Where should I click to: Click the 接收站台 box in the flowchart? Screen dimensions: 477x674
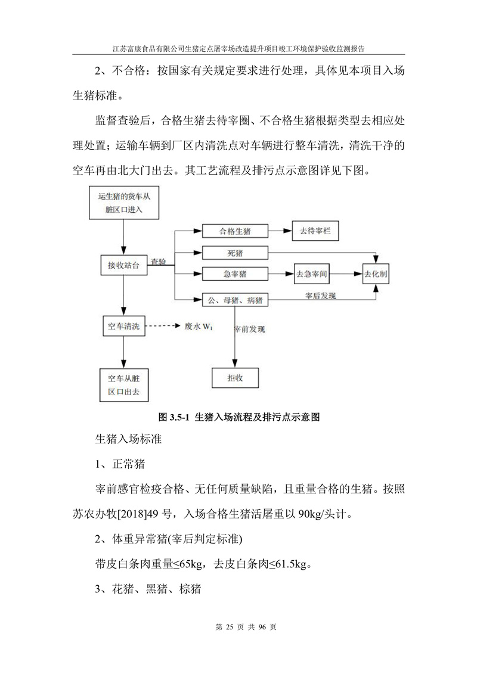click(123, 265)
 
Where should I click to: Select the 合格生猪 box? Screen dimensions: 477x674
click(235, 231)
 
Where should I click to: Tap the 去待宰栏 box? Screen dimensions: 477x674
click(315, 231)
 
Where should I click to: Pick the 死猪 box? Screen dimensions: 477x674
click(235, 253)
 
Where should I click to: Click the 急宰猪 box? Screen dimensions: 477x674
click(235, 274)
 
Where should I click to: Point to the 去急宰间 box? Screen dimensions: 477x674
click(311, 274)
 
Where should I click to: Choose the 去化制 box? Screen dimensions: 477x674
click(376, 274)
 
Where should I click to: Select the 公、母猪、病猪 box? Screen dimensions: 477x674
click(235, 300)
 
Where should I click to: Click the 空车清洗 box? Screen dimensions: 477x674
click(123, 326)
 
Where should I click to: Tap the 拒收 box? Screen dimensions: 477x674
click(236, 378)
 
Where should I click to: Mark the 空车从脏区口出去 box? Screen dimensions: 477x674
click(124, 385)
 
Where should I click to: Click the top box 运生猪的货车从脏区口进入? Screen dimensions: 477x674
click(124, 203)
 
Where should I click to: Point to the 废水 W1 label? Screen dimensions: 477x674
click(199, 327)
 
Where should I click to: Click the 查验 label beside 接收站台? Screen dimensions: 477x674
click(158, 262)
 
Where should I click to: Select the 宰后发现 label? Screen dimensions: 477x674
click(320, 296)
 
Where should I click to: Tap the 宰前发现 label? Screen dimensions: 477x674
click(249, 330)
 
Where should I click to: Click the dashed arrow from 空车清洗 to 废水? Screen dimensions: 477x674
click(163, 326)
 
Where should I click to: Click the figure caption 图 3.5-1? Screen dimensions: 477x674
click(238, 417)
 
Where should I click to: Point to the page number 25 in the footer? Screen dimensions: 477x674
click(229, 627)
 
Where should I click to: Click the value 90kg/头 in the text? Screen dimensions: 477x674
click(315, 514)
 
